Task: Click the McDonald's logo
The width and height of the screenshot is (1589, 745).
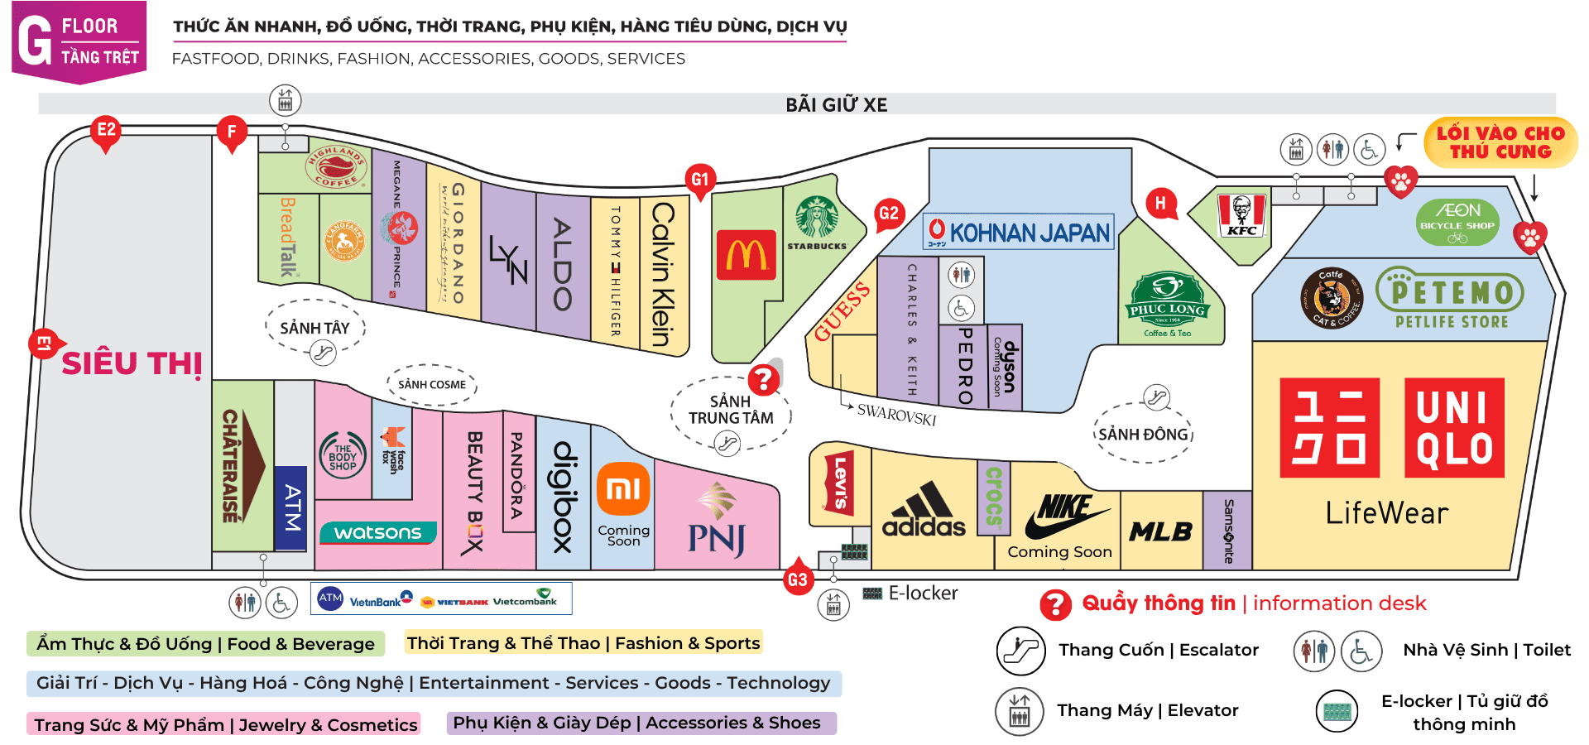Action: coord(746,254)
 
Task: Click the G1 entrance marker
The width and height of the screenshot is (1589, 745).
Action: coord(700,180)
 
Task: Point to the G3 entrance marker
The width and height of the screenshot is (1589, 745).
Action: coord(797,579)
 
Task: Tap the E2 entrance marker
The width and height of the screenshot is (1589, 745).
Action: coord(106,131)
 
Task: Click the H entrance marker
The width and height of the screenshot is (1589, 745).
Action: coord(1160,203)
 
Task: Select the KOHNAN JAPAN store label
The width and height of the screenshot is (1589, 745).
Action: coord(1019,232)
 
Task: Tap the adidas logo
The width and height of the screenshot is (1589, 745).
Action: coord(924,511)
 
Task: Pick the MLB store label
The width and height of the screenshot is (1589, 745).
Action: coord(1160,531)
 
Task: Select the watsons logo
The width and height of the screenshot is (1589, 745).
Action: coord(377,532)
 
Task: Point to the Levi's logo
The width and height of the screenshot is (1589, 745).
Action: coord(838,483)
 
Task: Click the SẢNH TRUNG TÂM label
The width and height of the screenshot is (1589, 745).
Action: coord(731,410)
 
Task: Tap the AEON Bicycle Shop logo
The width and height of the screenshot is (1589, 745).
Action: coord(1457,221)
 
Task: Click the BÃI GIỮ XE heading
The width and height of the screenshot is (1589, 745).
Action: coord(836,105)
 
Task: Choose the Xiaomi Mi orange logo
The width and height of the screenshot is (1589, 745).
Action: coord(623,489)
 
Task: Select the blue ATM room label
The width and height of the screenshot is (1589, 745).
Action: coord(290,507)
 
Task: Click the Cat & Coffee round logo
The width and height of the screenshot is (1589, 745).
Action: coord(1331,298)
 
